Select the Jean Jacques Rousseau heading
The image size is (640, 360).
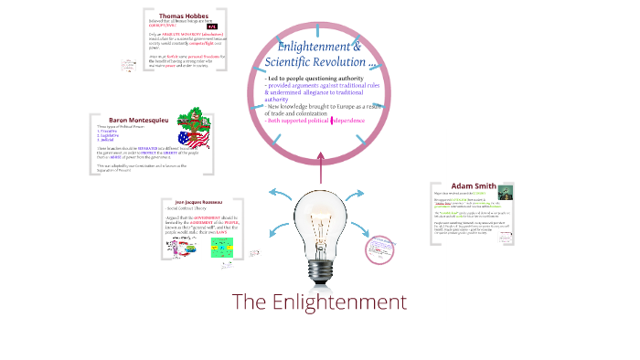(x=192, y=200)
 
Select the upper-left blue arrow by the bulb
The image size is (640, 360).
(x=281, y=193)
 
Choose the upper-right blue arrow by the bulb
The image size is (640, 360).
(x=359, y=194)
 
